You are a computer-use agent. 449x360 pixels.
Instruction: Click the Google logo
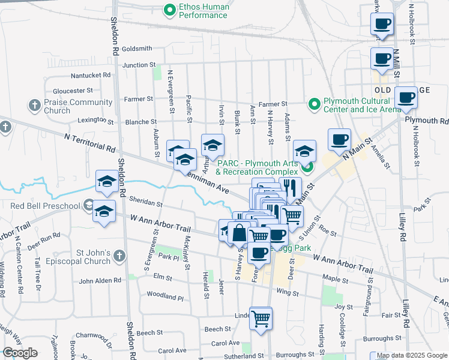click(20, 353)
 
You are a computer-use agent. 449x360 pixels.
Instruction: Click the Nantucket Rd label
click(91, 76)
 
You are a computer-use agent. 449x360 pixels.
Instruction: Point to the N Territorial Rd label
click(89, 142)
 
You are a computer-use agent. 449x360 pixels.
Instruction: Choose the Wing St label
click(288, 293)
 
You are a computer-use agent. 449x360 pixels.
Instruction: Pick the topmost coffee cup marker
click(382, 25)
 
